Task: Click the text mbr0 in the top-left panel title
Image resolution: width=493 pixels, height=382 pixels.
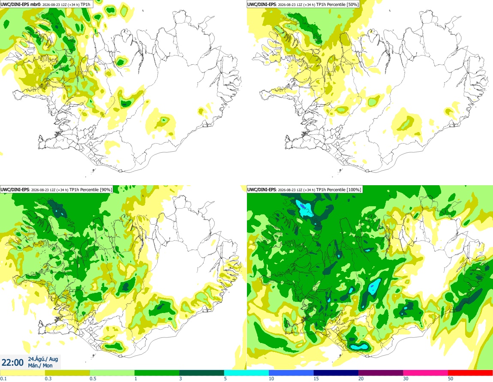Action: point(35,4)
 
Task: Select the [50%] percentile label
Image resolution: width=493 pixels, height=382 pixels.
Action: point(352,4)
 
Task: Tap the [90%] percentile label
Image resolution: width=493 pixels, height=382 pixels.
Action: point(105,189)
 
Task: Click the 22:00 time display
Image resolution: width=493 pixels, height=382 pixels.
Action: point(12,363)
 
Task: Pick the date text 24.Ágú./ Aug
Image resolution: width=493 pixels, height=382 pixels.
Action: point(43,359)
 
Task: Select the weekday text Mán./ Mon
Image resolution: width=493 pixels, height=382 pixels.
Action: point(40,366)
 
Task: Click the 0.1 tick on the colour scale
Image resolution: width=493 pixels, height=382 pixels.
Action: point(3,379)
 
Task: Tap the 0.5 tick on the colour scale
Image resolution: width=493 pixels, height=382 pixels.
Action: point(93,379)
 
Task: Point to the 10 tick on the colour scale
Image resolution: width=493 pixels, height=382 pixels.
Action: point(271,379)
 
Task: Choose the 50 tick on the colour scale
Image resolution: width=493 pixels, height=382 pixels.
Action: point(451,379)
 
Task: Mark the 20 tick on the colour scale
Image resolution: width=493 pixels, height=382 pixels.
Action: point(361,379)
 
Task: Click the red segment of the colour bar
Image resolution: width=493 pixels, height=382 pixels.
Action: point(470,373)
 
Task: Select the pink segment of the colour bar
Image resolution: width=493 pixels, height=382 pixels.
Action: point(425,373)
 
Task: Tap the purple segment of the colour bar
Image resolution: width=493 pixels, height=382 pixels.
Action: point(381,373)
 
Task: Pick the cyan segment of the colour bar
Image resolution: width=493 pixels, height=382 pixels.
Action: point(246,373)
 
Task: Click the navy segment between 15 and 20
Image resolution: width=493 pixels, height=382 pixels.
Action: point(336,373)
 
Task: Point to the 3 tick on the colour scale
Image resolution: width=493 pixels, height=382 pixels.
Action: point(180,379)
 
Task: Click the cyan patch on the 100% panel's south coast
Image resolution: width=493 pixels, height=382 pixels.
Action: point(359,347)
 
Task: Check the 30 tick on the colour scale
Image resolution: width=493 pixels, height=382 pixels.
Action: point(406,379)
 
